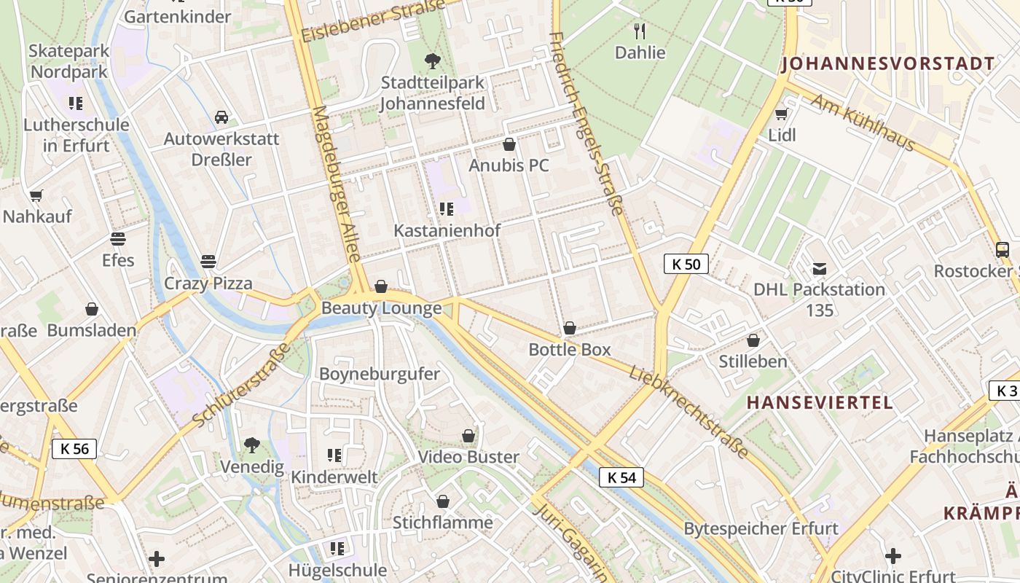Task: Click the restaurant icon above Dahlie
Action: tap(640, 31)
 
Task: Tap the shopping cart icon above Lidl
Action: tap(782, 114)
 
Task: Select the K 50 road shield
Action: tap(686, 264)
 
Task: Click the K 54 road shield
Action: tap(621, 477)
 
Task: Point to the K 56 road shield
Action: tap(74, 449)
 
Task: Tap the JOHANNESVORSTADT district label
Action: tap(887, 64)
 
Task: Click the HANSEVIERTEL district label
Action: tap(820, 402)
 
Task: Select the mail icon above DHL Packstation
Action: tap(820, 268)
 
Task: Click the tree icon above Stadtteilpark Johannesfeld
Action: tap(433, 60)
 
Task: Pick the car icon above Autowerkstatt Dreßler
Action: tap(221, 117)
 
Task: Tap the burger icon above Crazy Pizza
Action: tap(208, 262)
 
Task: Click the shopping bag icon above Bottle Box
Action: tap(570, 329)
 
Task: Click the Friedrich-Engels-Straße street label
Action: tap(586, 124)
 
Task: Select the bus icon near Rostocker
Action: tap(1003, 250)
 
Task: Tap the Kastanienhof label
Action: tap(447, 231)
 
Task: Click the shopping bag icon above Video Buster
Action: tap(468, 436)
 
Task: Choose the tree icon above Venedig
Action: tap(252, 445)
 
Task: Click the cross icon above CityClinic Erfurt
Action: tap(893, 556)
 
